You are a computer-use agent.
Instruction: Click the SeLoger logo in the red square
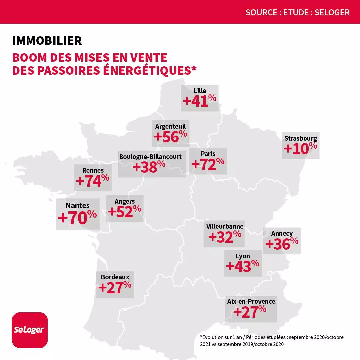[30, 330]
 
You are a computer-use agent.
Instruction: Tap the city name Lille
[200, 91]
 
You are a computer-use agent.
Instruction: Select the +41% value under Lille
[200, 101]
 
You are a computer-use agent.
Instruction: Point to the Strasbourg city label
[301, 138]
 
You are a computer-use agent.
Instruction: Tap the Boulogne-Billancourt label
[150, 156]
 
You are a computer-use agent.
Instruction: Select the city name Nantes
[78, 205]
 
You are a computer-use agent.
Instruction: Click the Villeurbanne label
[225, 226]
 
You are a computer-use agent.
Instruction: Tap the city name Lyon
[243, 256]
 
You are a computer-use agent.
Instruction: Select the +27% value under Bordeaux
[115, 287]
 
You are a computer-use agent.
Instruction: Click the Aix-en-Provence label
[251, 301]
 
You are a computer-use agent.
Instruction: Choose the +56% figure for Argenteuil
[170, 136]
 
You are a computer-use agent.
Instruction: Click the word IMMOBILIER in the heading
[47, 41]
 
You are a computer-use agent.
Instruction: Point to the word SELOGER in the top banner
[332, 13]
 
